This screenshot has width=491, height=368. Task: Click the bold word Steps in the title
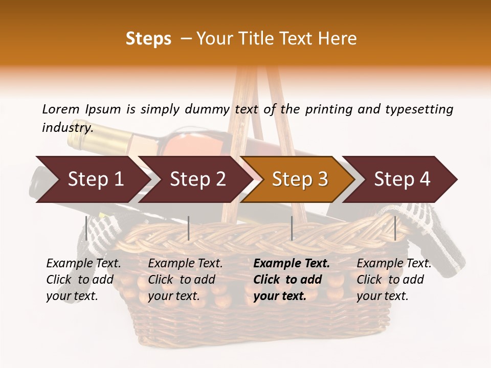tap(148, 39)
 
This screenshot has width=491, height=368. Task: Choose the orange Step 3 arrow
tap(300, 179)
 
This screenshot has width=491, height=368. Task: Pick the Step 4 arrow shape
tap(402, 179)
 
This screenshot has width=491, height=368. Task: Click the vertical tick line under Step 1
tap(86, 228)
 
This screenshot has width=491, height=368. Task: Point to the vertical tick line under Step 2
tap(189, 228)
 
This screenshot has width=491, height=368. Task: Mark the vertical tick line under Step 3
tap(292, 228)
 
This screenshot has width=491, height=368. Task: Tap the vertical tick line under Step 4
tap(395, 228)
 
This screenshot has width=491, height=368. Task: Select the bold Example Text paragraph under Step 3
tap(292, 280)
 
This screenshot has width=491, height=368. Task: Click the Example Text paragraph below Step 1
tap(83, 280)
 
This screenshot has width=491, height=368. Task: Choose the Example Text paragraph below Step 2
tap(185, 280)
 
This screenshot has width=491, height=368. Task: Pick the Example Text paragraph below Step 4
tap(394, 280)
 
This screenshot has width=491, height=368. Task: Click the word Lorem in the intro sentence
tap(61, 109)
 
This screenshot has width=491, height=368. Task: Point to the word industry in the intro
tap(68, 127)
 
